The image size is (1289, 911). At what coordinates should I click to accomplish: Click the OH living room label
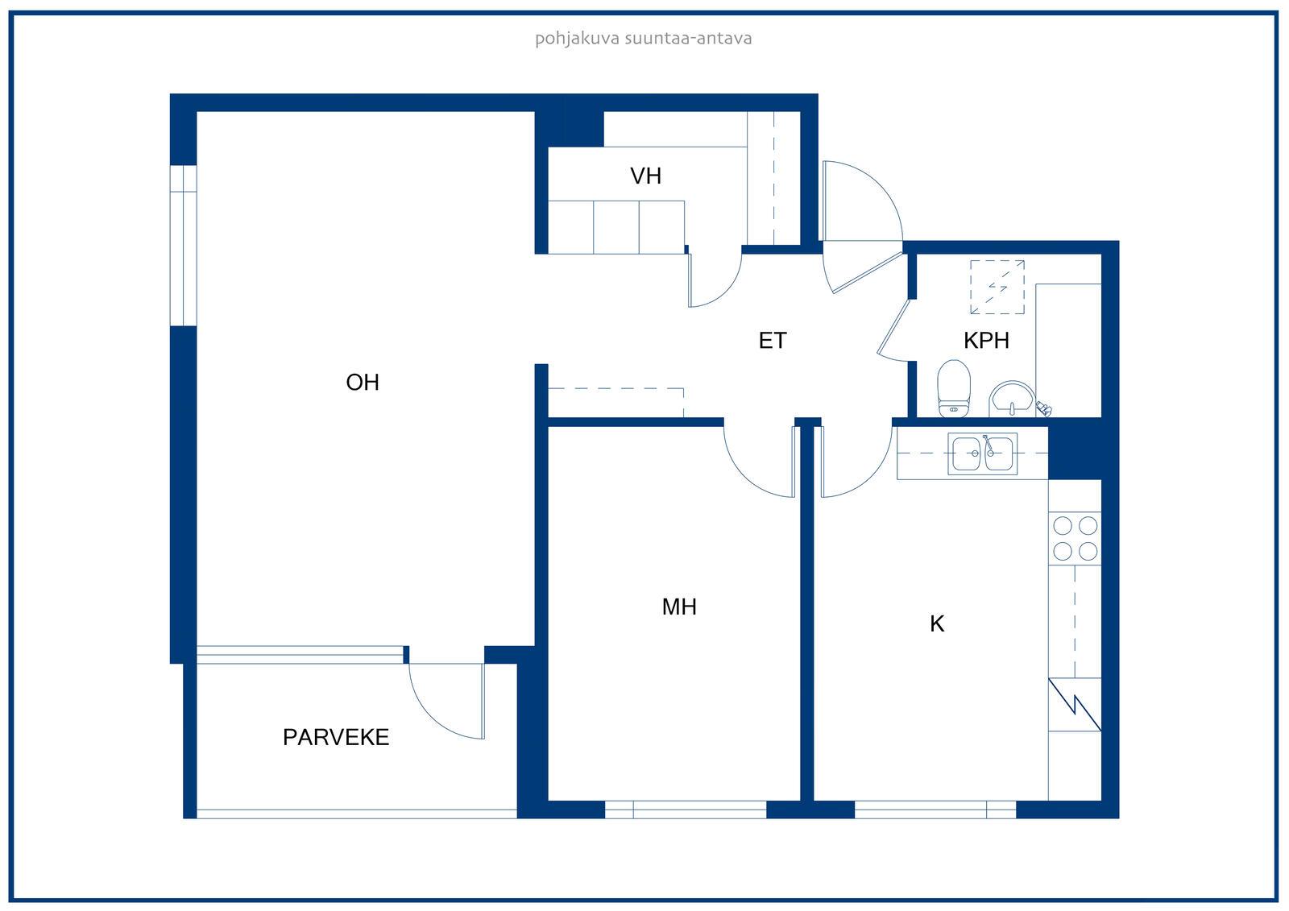363,382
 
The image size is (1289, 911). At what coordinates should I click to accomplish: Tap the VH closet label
645,176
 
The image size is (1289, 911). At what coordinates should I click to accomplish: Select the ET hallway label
773,341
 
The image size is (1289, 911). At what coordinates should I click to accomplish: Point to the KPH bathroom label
986,341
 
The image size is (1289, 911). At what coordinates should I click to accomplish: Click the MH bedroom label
679,607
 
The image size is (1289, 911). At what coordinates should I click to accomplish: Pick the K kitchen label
937,623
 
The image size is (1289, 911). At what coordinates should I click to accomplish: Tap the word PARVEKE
336,737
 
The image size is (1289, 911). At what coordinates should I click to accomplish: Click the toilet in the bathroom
954,388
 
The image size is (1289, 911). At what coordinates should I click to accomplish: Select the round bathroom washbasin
1012,398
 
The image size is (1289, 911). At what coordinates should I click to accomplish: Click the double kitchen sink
983,453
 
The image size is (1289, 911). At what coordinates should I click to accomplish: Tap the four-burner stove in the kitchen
1075,539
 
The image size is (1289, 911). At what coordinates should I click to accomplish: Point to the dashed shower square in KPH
997,288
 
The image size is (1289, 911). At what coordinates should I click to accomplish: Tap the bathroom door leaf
893,327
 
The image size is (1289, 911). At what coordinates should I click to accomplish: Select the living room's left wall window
184,246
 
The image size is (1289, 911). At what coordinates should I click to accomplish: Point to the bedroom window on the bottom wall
686,810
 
